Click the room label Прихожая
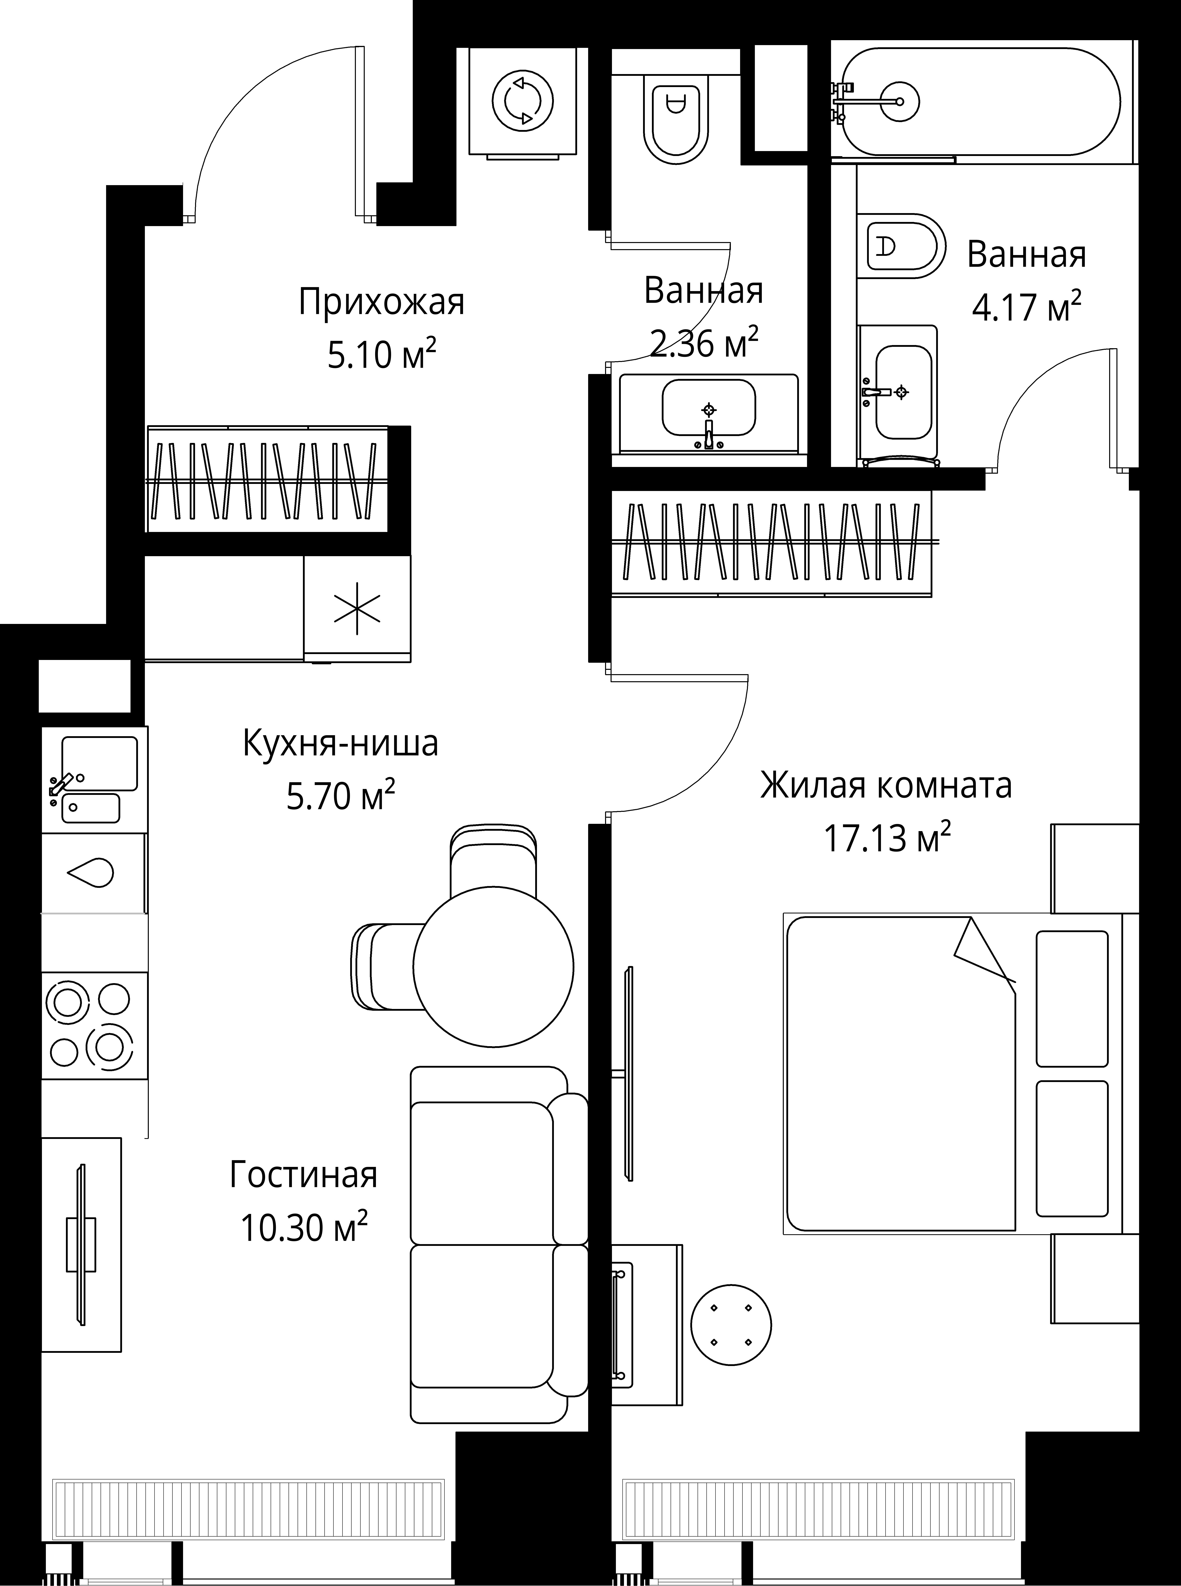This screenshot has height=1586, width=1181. (381, 302)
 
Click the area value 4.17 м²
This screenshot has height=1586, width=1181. (1026, 308)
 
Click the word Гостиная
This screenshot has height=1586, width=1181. (304, 1175)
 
